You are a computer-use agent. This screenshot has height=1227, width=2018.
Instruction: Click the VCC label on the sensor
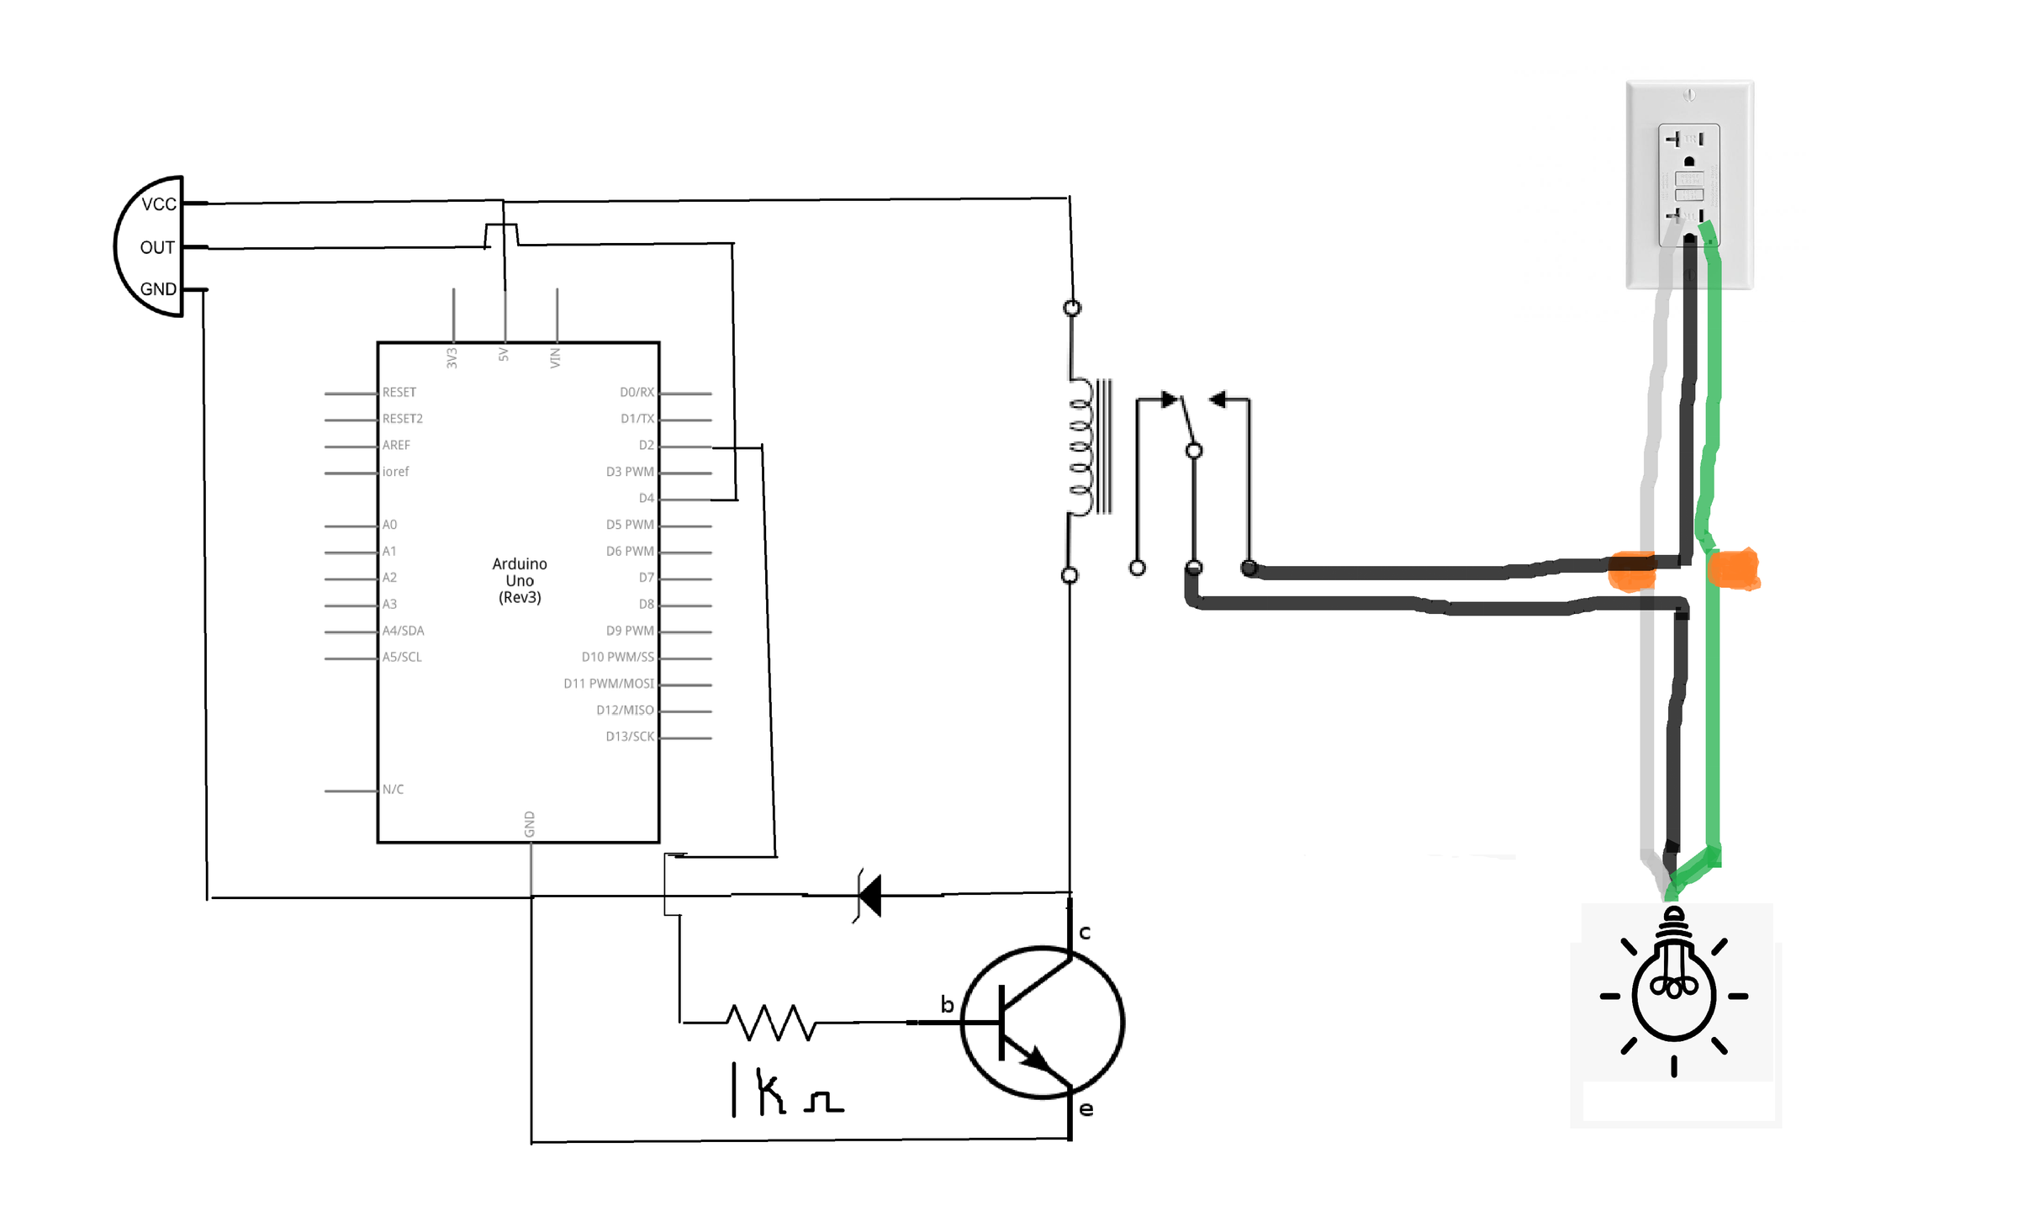click(158, 204)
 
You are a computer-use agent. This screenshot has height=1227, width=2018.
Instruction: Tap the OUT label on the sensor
click(156, 247)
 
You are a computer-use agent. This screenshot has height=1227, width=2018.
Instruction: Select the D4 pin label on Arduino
click(646, 498)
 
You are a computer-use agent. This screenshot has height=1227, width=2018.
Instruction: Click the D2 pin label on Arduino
click(646, 445)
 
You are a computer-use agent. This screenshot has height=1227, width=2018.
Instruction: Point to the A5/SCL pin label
click(402, 657)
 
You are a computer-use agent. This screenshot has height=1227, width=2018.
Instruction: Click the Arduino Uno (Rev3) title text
click(520, 580)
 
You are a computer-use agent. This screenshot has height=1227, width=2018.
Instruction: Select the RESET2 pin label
click(402, 419)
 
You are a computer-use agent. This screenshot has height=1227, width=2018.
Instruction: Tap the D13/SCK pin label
click(629, 736)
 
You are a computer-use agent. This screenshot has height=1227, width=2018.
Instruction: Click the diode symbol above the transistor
click(869, 895)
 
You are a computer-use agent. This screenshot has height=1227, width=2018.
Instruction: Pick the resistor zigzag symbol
click(771, 1022)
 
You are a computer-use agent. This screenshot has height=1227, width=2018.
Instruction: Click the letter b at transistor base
click(947, 1004)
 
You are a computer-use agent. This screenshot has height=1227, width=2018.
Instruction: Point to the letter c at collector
click(1085, 933)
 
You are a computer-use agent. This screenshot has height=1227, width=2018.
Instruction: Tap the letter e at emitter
click(1086, 1109)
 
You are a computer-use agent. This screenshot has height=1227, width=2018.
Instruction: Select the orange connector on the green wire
click(1733, 569)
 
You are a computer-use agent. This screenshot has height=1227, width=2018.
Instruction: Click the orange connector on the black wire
click(1631, 571)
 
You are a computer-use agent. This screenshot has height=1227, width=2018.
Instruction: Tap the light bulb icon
click(1673, 992)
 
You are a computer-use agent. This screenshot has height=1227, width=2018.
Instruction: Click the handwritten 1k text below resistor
click(759, 1091)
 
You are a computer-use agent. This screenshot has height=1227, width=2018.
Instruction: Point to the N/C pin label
click(393, 789)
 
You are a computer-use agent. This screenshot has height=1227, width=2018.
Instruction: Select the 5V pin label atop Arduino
click(504, 355)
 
